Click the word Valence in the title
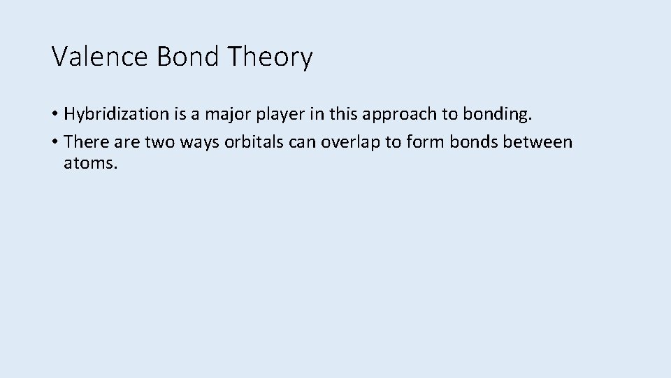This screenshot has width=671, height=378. tap(100, 57)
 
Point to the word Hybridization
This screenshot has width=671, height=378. tap(117, 114)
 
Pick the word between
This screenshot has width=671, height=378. tap(537, 142)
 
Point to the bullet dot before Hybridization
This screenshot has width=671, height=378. tap(55, 114)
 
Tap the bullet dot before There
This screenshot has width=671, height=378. tap(55, 142)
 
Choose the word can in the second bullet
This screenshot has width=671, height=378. tap(301, 142)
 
